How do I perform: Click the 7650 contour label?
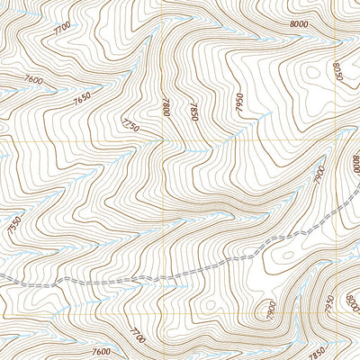pos(84,98)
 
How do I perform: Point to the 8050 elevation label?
pos(337,71)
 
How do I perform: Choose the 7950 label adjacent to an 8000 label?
pos(328,298)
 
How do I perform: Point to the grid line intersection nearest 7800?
pos(164,141)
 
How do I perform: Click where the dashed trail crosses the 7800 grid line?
pos(164,276)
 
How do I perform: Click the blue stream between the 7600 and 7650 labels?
pos(54,90)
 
